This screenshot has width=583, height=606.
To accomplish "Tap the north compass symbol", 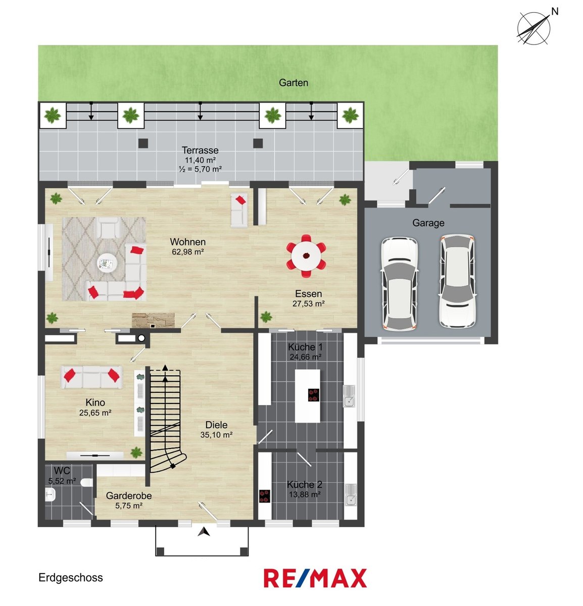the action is (x=535, y=27).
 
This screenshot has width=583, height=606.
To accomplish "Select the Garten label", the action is (x=293, y=82).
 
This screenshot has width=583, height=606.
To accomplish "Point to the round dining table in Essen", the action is (x=306, y=256).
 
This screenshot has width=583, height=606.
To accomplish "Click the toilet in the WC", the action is (x=86, y=482).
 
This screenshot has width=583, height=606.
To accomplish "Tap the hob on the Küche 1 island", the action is (x=313, y=395).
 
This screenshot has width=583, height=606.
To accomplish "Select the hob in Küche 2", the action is (x=265, y=496).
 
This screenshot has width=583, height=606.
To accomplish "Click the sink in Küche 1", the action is (x=349, y=396).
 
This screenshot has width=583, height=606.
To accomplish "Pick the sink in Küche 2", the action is (x=351, y=495).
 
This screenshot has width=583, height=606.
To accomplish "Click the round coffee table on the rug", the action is (x=107, y=263).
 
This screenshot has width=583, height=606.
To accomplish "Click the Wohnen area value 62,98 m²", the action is (x=188, y=251).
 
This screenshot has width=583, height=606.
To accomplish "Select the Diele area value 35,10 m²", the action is (x=216, y=435).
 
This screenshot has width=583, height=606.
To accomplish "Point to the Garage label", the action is (x=428, y=223).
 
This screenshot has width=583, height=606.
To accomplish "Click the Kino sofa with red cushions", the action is (x=91, y=377).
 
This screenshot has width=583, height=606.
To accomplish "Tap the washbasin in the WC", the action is (x=50, y=494).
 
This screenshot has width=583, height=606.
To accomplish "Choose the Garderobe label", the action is (x=129, y=495).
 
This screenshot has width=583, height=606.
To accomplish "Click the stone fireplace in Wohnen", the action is (x=153, y=320).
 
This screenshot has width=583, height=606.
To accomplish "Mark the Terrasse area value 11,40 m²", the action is (x=201, y=160).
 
